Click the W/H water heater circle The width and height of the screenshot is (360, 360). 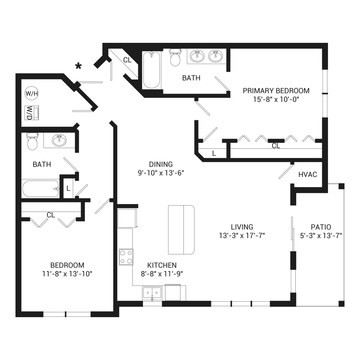pyautogui.click(x=31, y=93)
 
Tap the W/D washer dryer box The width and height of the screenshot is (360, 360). pyautogui.click(x=31, y=113)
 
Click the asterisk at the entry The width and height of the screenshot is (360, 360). pyautogui.click(x=78, y=66)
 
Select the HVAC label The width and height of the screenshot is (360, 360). pyautogui.click(x=308, y=175)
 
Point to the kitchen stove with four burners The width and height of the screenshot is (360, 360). pyautogui.click(x=126, y=257)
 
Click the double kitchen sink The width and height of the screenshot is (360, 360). pyautogui.click(x=152, y=293)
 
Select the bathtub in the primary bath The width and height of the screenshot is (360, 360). pyautogui.click(x=152, y=70)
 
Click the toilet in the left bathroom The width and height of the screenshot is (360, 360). pyautogui.click(x=32, y=141)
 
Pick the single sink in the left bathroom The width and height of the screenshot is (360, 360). pyautogui.click(x=59, y=140)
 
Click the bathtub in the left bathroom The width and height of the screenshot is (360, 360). pyautogui.click(x=41, y=189)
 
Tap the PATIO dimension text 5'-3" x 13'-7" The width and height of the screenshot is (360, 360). pyautogui.click(x=321, y=236)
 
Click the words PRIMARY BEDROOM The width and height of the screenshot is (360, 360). pyautogui.click(x=276, y=91)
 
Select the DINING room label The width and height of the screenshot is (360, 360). pyautogui.click(x=161, y=165)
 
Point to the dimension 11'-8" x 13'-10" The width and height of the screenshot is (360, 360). pyautogui.click(x=67, y=274)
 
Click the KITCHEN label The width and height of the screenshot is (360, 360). pyautogui.click(x=162, y=265)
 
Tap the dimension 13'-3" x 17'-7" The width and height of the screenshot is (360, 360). pyautogui.click(x=242, y=236)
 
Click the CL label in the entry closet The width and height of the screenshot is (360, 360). pyautogui.click(x=127, y=60)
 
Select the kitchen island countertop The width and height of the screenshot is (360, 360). pyautogui.click(x=181, y=230)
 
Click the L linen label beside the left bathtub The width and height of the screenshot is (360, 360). pyautogui.click(x=68, y=189)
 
